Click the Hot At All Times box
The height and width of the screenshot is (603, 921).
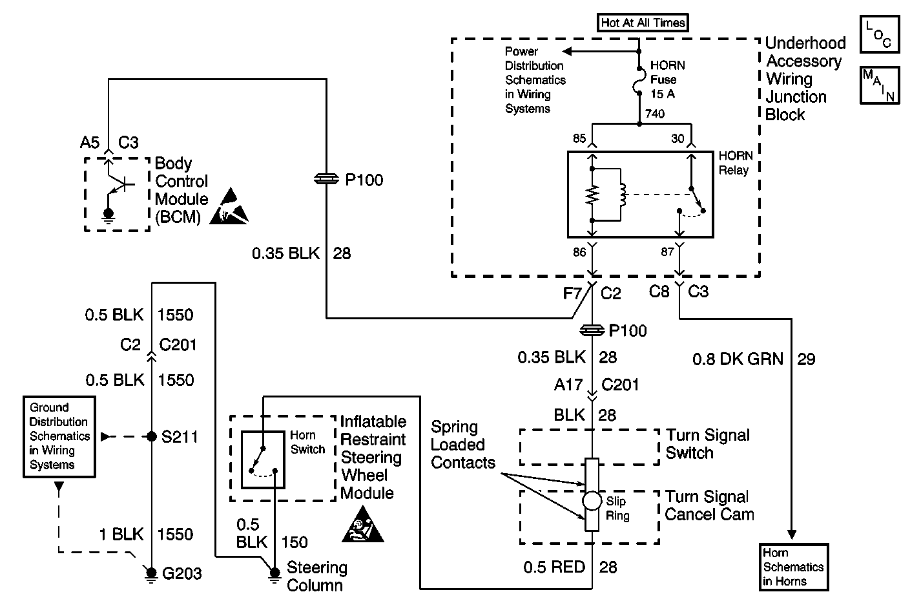tap(643, 23)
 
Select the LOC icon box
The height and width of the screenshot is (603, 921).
tap(880, 34)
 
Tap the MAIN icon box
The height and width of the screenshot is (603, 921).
tap(880, 85)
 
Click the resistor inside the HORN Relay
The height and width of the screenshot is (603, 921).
tap(592, 195)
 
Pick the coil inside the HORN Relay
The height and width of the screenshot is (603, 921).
tap(622, 195)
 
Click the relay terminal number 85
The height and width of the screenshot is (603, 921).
tap(579, 138)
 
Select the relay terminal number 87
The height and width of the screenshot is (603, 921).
tap(667, 251)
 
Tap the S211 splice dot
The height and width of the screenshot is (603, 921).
tap(152, 436)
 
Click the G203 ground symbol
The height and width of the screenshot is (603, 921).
tap(151, 575)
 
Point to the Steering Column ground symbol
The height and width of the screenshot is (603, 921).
tap(274, 574)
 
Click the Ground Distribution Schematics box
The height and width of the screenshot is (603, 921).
tap(59, 437)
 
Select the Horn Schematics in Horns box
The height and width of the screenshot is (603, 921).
tap(794, 567)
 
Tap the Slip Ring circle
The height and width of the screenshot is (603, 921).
tap(592, 501)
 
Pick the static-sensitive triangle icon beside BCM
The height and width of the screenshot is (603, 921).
tap(229, 206)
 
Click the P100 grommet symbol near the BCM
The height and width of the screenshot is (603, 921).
tap(326, 179)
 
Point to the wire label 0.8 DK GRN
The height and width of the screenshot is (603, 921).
tap(738, 359)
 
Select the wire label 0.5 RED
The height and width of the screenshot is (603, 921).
tap(554, 567)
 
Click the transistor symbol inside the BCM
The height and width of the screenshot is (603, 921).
tap(119, 184)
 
